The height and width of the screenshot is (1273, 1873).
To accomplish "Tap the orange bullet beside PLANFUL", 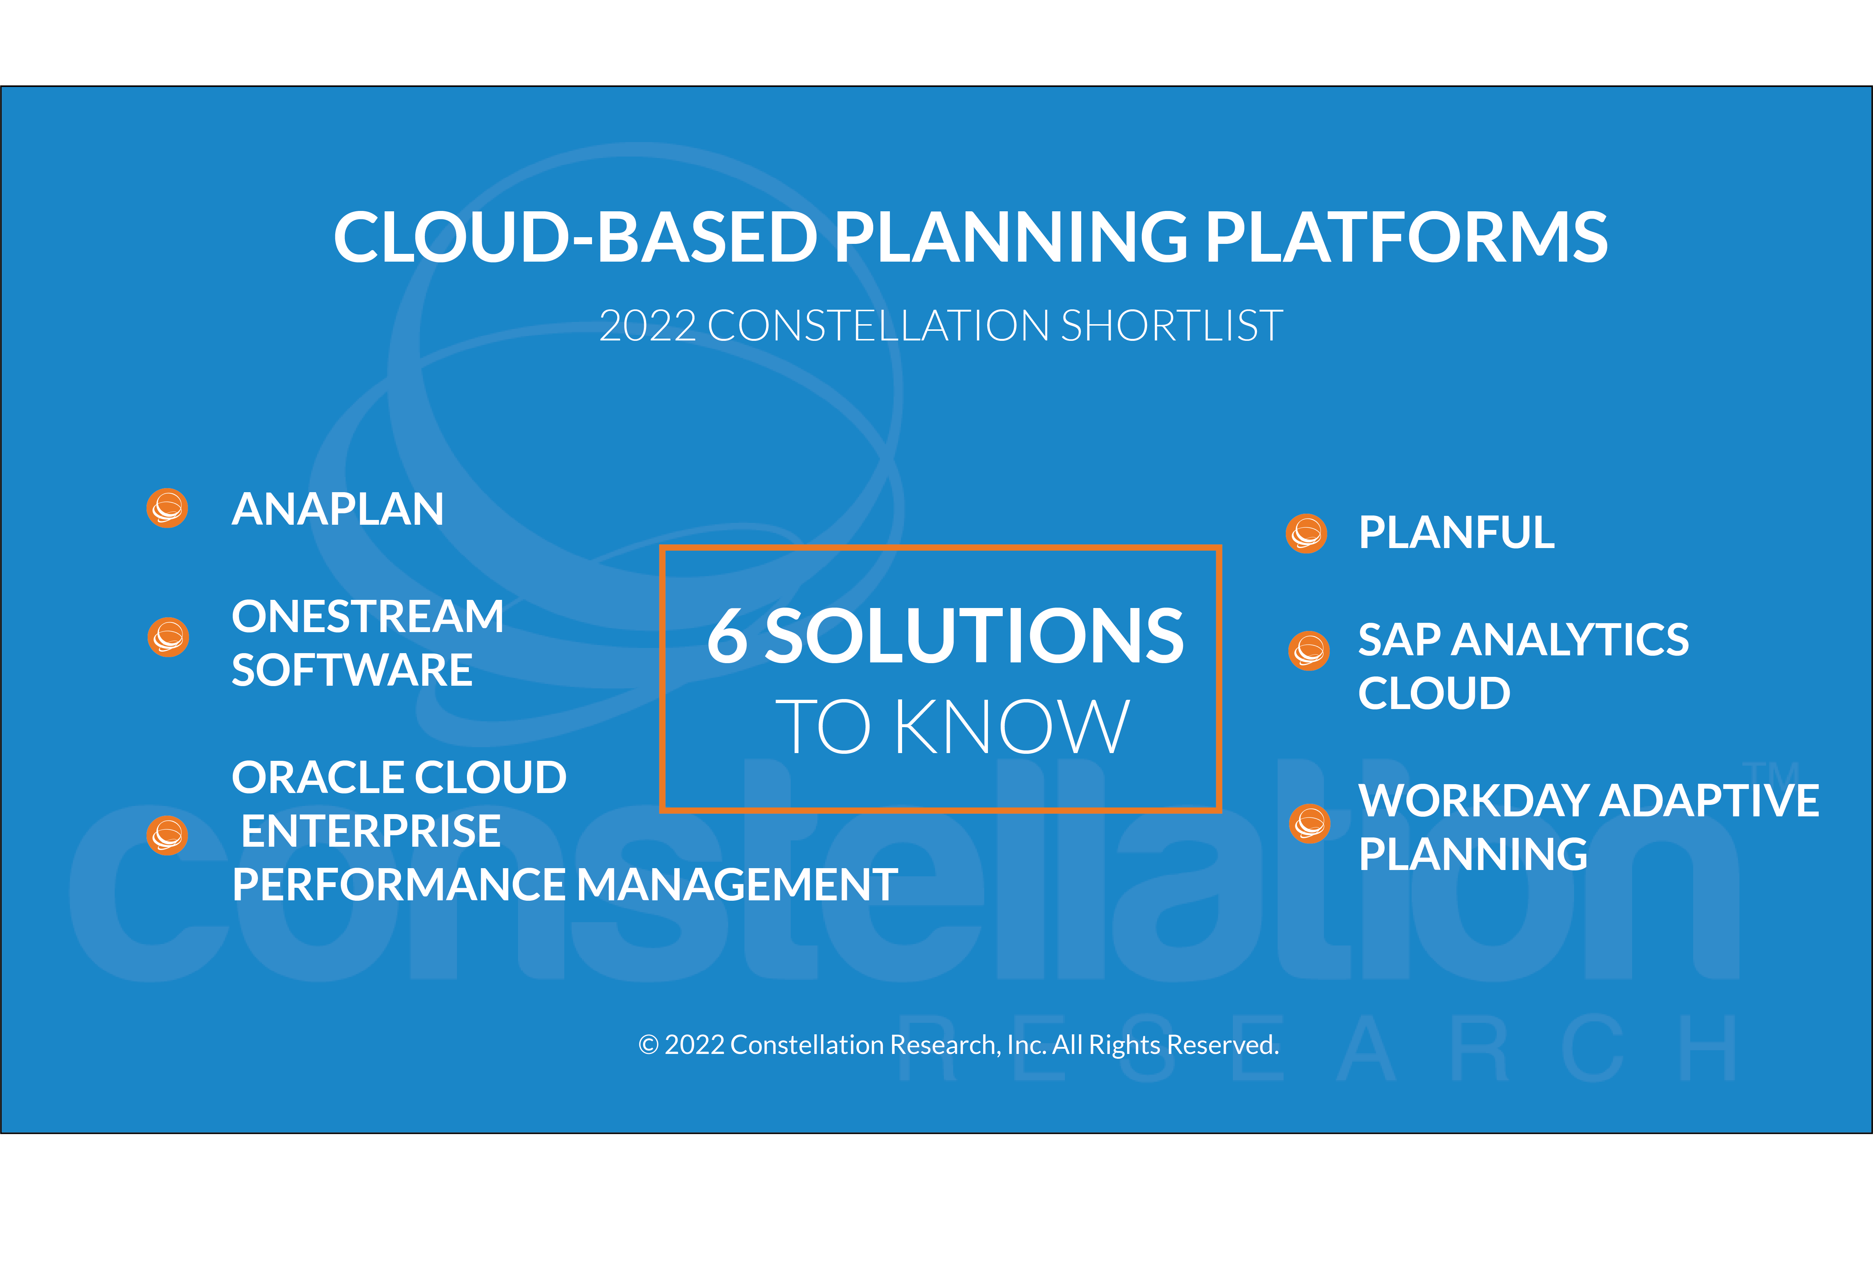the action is pos(1307,533).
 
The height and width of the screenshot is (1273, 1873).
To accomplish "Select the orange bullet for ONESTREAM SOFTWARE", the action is pos(168,637).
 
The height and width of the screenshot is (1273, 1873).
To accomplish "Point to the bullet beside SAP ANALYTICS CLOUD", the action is pos(1309,651).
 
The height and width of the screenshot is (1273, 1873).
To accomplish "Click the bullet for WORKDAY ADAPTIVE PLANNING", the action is pos(1309,823).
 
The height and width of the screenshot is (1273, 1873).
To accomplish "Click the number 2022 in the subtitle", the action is pos(647,326).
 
